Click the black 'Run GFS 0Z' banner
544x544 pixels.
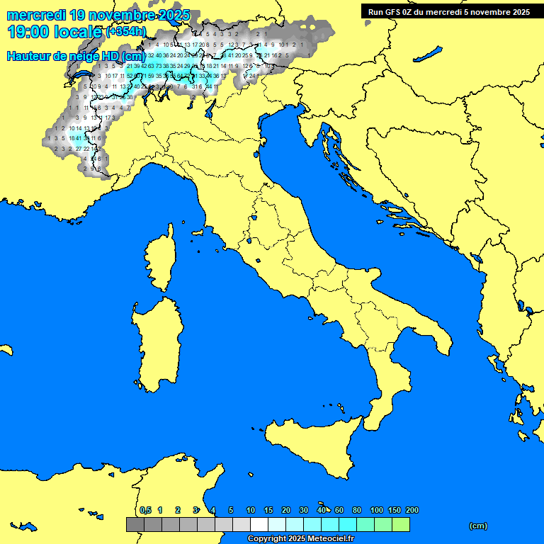click(449, 11)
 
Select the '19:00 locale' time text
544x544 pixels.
click(54, 32)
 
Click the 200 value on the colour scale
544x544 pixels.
click(412, 510)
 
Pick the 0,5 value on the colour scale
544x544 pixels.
click(145, 510)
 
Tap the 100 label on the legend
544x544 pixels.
click(376, 510)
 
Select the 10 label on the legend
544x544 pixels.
click(250, 510)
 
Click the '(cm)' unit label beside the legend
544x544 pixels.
click(478, 526)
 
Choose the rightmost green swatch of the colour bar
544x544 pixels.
click(401, 525)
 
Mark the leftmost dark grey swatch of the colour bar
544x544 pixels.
click(135, 525)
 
